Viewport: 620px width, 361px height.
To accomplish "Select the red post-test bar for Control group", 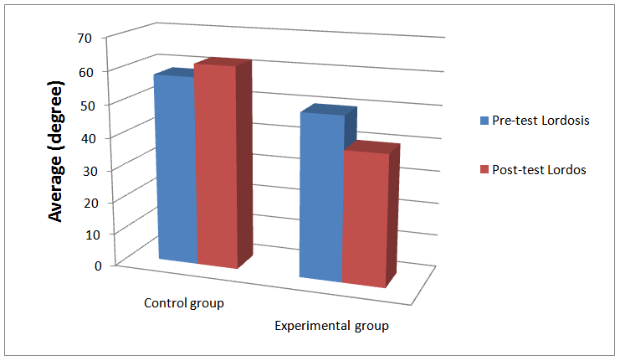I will click(216, 168).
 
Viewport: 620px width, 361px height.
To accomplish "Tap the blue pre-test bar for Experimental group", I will click(321, 197).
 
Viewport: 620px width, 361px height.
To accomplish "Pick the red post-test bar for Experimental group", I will click(364, 218).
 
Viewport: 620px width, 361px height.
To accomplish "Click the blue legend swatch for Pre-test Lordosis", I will click(484, 121).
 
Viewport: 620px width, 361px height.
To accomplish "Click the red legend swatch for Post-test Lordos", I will click(484, 170).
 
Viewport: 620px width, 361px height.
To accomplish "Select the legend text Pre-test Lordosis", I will click(541, 121).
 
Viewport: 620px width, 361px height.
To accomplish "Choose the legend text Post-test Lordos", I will click(539, 170).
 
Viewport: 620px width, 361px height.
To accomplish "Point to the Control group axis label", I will click(184, 302).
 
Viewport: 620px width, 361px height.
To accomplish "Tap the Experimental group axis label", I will click(332, 325).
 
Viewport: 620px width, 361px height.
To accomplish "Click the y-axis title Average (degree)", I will click(56, 152).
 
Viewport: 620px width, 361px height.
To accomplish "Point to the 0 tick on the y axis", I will click(98, 266).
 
